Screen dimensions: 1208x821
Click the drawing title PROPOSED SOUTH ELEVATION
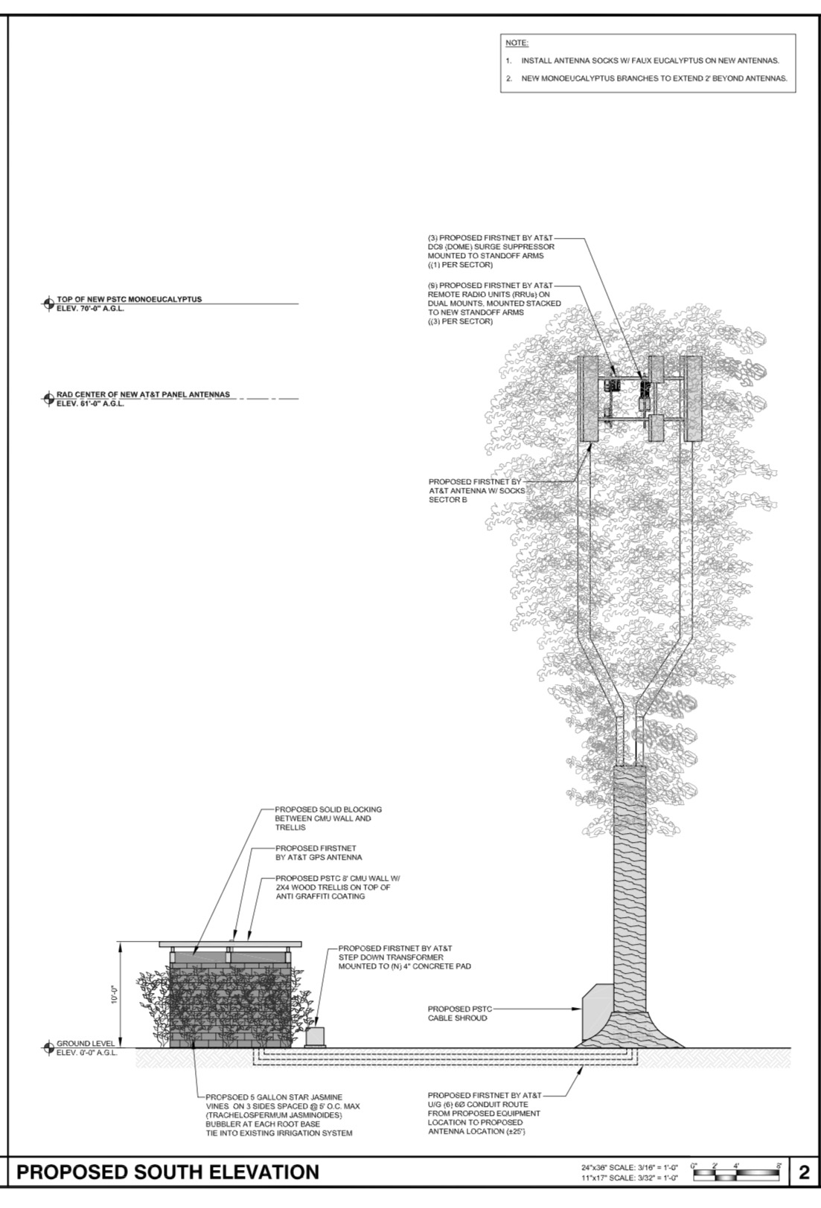(x=167, y=1173)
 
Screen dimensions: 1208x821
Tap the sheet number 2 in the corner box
(x=803, y=1173)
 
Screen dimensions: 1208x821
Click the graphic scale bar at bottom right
(x=737, y=1173)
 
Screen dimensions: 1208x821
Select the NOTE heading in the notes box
(x=517, y=43)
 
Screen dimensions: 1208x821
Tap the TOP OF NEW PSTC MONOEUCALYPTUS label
(x=129, y=299)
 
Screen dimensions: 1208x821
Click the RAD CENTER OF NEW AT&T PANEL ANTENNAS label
(x=143, y=394)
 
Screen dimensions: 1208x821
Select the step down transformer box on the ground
(x=316, y=1036)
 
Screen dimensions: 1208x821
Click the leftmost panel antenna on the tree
(x=590, y=398)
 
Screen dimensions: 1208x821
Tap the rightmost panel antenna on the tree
(x=692, y=398)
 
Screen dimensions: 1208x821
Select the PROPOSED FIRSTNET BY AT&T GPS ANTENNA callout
(x=318, y=852)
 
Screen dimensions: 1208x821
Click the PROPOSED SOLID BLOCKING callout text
(x=323, y=818)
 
